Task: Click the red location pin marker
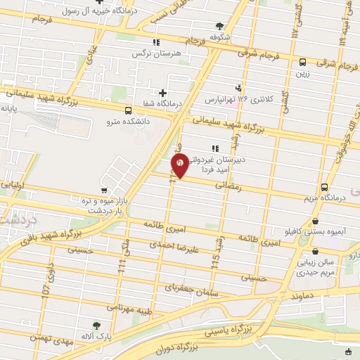pos(180,167)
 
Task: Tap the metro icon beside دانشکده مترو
pos(127,110)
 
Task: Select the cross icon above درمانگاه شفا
pos(163,92)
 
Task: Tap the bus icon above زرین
pos(302,62)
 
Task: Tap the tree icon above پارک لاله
pos(97,326)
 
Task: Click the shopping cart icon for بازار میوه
pos(105,190)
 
